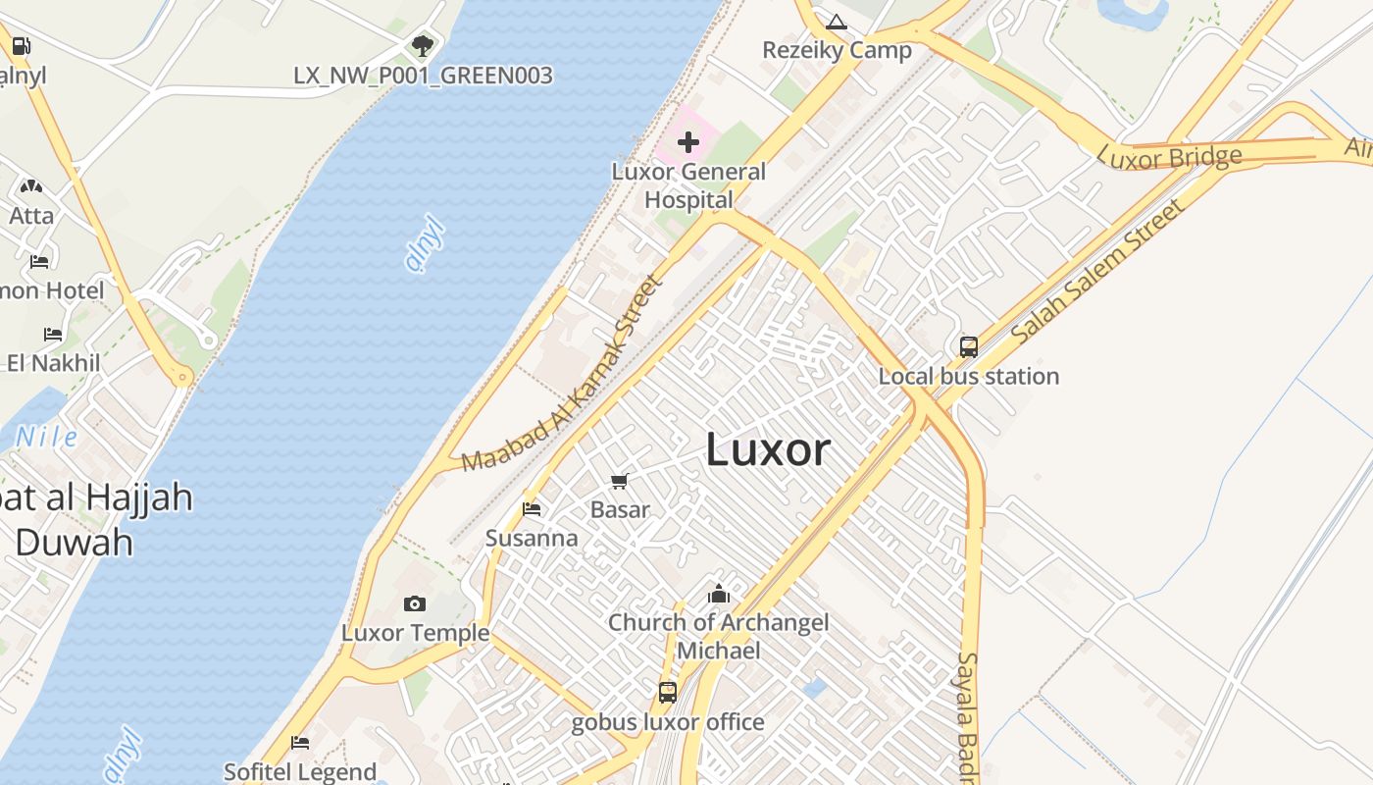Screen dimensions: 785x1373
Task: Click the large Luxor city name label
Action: pyautogui.click(x=768, y=450)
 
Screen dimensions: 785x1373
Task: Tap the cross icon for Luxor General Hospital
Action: pyautogui.click(x=688, y=142)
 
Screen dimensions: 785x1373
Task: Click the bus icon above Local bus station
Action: pyautogui.click(x=968, y=346)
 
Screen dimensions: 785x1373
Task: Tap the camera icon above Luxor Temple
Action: pyautogui.click(x=415, y=603)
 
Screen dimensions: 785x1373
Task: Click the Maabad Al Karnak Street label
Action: pyautogui.click(x=563, y=375)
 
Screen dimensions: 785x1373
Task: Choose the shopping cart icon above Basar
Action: pyautogui.click(x=619, y=481)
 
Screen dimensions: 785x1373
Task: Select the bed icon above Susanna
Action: pyautogui.click(x=532, y=508)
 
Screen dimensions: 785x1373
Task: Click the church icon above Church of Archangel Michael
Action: pyautogui.click(x=719, y=594)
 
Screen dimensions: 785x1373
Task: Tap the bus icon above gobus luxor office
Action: pyautogui.click(x=668, y=692)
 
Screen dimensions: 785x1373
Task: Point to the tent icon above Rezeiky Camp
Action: pyautogui.click(x=836, y=22)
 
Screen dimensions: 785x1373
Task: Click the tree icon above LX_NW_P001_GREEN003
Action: pyautogui.click(x=423, y=45)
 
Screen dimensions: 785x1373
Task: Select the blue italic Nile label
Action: pyautogui.click(x=46, y=437)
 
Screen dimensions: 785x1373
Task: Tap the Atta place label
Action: pyautogui.click(x=31, y=215)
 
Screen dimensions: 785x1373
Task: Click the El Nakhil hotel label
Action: pyautogui.click(x=53, y=363)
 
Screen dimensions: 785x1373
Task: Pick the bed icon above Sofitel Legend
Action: pyautogui.click(x=300, y=743)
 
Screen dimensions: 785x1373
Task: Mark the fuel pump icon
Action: pyautogui.click(x=21, y=45)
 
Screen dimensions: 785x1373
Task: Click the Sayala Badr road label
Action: pyautogui.click(x=968, y=716)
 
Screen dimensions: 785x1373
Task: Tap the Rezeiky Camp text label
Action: pyautogui.click(x=837, y=50)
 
